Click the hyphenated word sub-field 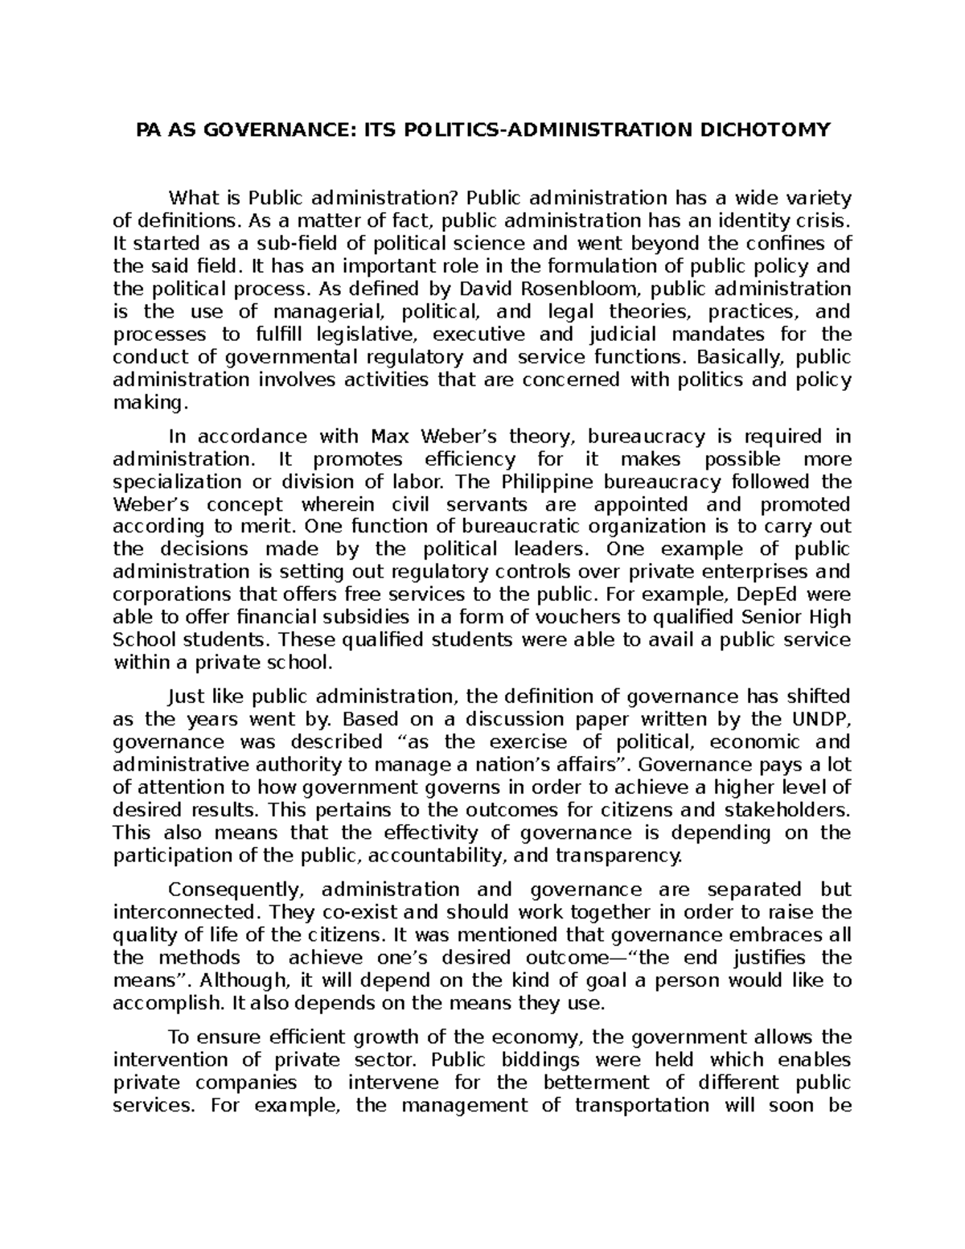pyautogui.click(x=293, y=244)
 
